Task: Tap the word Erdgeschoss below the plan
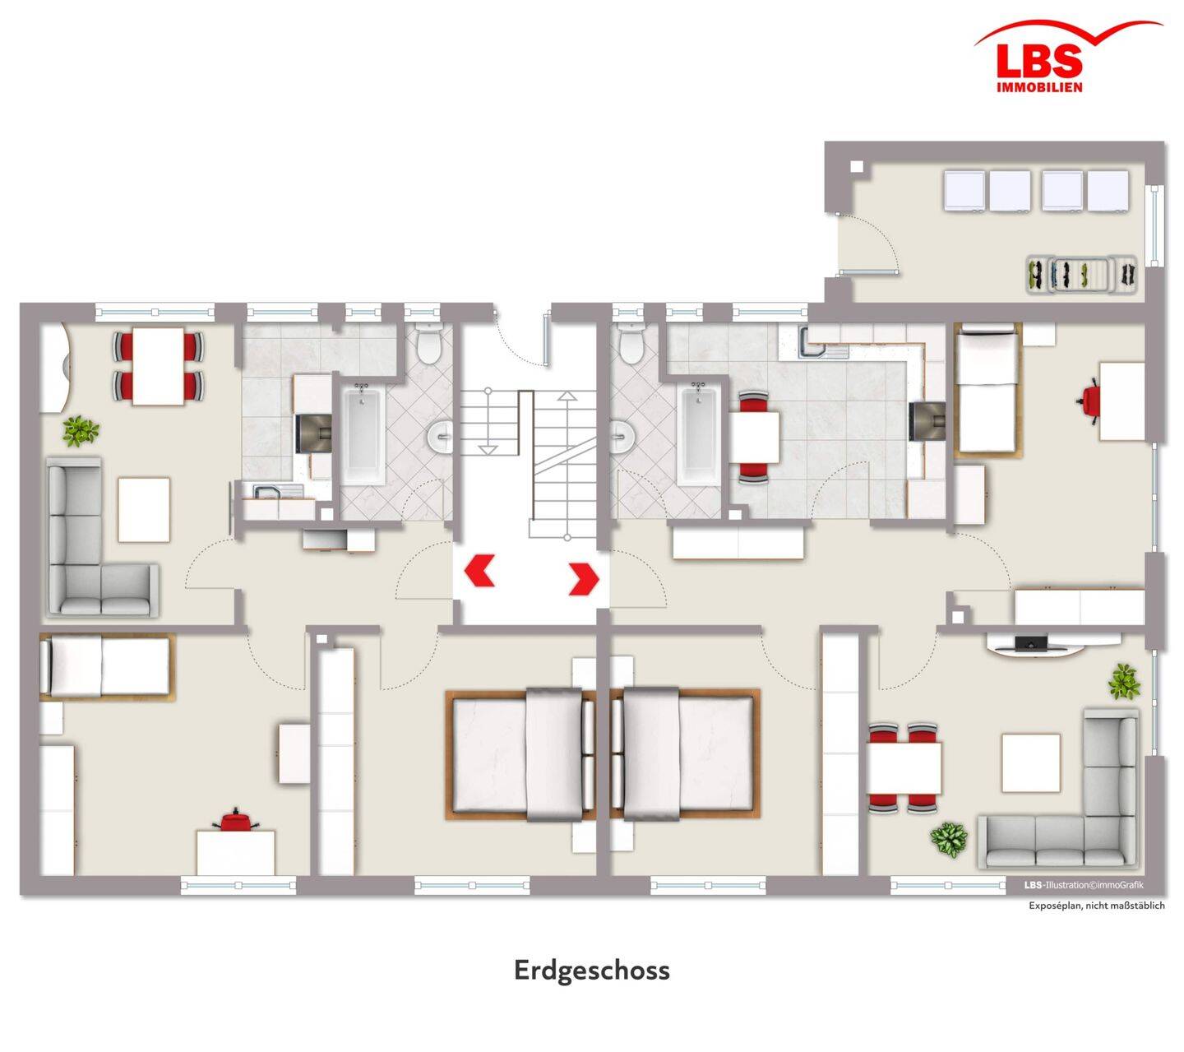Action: [x=591, y=970]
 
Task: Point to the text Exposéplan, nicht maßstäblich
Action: [x=1096, y=906]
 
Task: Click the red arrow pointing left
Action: [x=479, y=570]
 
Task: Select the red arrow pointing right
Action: [x=584, y=579]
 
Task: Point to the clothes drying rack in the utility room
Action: [x=1081, y=274]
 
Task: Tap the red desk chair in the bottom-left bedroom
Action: [x=235, y=821]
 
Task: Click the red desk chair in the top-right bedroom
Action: [x=1089, y=401]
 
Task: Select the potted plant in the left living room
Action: [x=81, y=430]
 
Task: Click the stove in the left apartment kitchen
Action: [x=314, y=433]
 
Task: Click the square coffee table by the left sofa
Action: [x=145, y=510]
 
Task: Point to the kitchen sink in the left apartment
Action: [x=268, y=491]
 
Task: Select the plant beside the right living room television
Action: [x=1125, y=681]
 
